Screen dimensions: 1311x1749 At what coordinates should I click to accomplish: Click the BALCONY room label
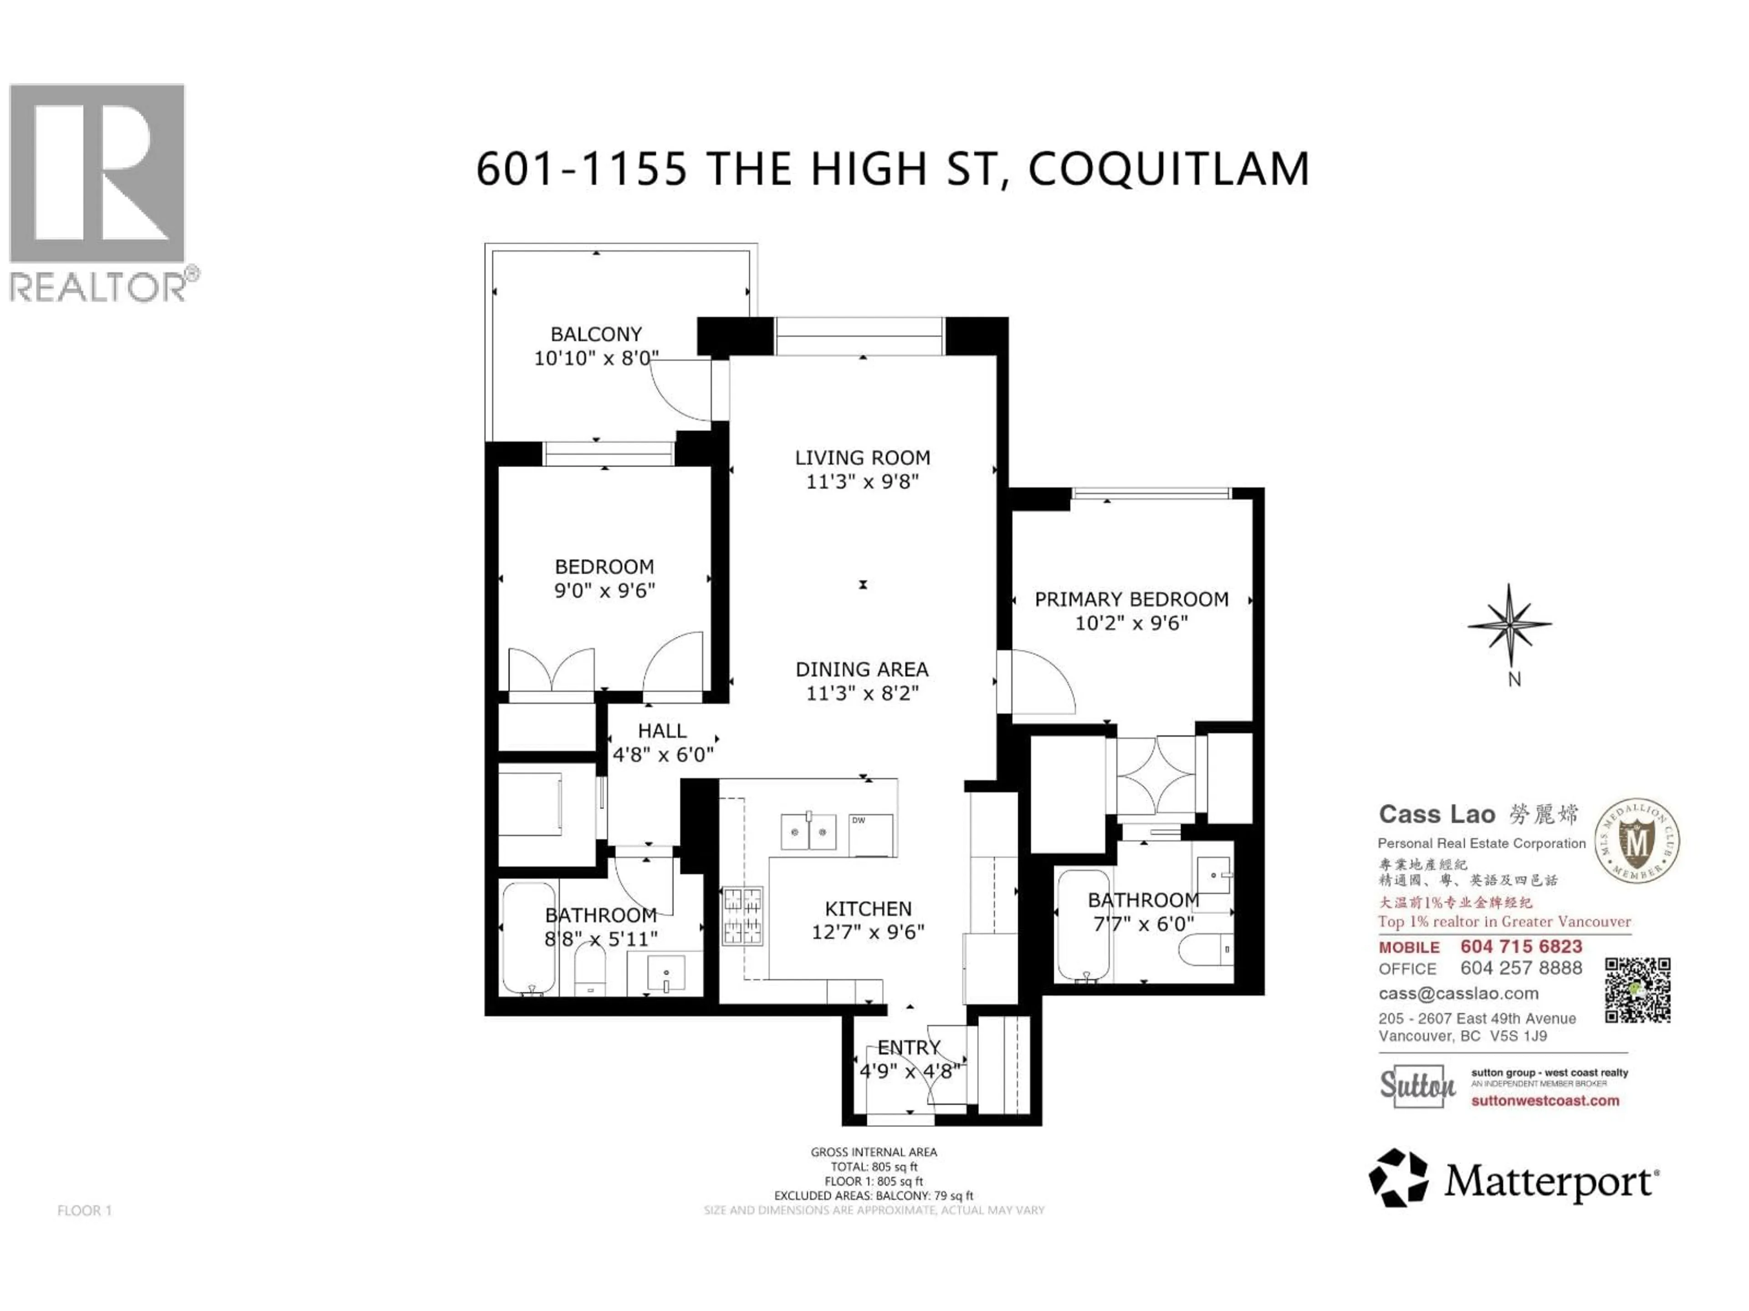tap(596, 334)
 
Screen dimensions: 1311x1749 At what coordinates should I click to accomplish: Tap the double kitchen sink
tap(808, 832)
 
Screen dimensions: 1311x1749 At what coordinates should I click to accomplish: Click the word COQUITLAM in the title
tap(1169, 169)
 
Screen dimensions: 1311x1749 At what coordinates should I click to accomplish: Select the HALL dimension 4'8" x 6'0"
tap(663, 755)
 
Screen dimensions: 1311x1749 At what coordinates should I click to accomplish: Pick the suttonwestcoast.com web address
tap(1544, 1101)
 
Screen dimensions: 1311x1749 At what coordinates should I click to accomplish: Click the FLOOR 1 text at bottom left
tap(85, 1211)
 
